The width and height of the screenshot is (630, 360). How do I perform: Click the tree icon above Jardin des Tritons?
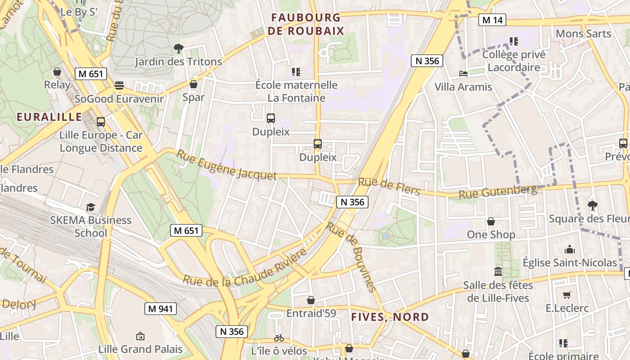point(179,48)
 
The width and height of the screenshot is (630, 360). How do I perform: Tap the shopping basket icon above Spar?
point(193,84)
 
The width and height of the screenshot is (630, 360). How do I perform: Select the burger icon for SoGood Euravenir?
point(119,85)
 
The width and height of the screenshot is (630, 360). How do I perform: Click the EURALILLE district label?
point(49,117)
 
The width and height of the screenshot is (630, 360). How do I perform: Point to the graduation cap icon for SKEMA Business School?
point(91,207)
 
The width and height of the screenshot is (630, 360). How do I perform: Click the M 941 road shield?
point(161,309)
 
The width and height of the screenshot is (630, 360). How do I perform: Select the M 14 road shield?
point(492,20)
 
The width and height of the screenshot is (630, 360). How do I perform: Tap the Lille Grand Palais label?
point(140,349)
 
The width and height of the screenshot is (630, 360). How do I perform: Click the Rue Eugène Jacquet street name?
point(226,165)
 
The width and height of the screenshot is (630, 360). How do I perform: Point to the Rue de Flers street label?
point(389,187)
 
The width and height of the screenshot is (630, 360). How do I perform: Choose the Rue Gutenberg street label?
point(498,192)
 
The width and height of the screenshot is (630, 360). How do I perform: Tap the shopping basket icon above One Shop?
point(491,221)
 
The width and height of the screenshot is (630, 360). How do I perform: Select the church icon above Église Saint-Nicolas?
point(570,249)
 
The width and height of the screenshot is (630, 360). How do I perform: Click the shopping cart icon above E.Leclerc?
point(567,295)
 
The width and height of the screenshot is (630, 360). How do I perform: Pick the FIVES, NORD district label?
point(390,317)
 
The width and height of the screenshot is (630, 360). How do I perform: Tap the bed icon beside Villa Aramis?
point(463,74)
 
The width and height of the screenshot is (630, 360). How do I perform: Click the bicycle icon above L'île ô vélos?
point(279,337)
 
